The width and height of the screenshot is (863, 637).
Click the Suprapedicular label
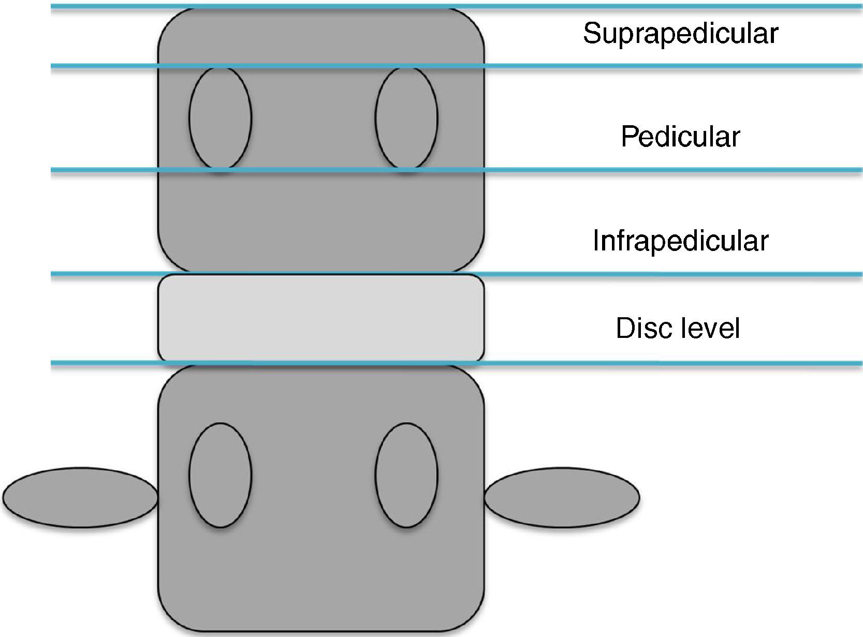(x=680, y=34)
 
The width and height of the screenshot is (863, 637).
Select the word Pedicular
(x=680, y=137)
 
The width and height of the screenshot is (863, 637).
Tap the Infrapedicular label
(x=680, y=241)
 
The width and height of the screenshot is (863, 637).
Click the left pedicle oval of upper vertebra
(x=221, y=118)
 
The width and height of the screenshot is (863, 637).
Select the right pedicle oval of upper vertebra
(x=406, y=118)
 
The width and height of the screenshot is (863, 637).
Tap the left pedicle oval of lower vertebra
(x=221, y=475)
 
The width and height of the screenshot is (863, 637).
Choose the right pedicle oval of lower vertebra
(x=406, y=475)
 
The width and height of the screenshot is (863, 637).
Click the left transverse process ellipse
(x=80, y=497)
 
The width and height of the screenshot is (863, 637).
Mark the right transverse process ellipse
(x=562, y=497)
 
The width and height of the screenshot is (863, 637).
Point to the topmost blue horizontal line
(x=621, y=7)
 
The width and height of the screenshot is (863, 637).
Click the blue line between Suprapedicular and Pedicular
(x=621, y=66)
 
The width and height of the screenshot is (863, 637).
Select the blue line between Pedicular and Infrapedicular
(x=621, y=170)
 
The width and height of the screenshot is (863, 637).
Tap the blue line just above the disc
(x=621, y=274)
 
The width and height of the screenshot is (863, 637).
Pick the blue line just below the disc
(x=621, y=364)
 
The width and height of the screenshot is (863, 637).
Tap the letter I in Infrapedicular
(x=595, y=241)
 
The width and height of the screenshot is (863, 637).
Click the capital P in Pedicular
(x=630, y=137)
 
